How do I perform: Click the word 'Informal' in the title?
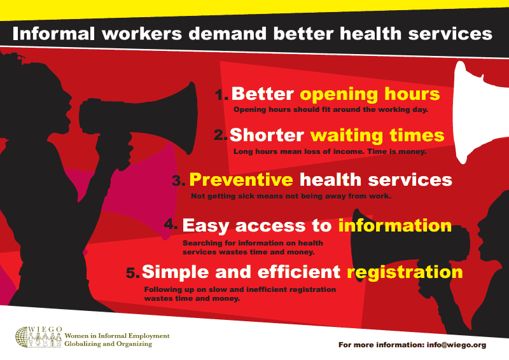click(53, 34)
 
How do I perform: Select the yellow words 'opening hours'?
click(370, 94)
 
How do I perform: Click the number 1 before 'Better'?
click(221, 95)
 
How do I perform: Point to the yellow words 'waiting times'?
click(377, 135)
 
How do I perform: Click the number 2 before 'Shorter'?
click(221, 135)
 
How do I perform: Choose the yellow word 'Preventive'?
click(241, 179)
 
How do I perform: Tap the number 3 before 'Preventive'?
click(179, 181)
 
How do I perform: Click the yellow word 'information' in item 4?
click(394, 225)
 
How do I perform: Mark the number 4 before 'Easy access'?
click(171, 224)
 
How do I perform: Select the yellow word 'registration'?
click(405, 272)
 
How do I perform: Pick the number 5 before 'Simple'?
click(133, 273)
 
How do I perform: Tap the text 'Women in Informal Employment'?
click(117, 336)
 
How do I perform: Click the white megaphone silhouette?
click(477, 112)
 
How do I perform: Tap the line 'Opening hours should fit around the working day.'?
click(331, 110)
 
